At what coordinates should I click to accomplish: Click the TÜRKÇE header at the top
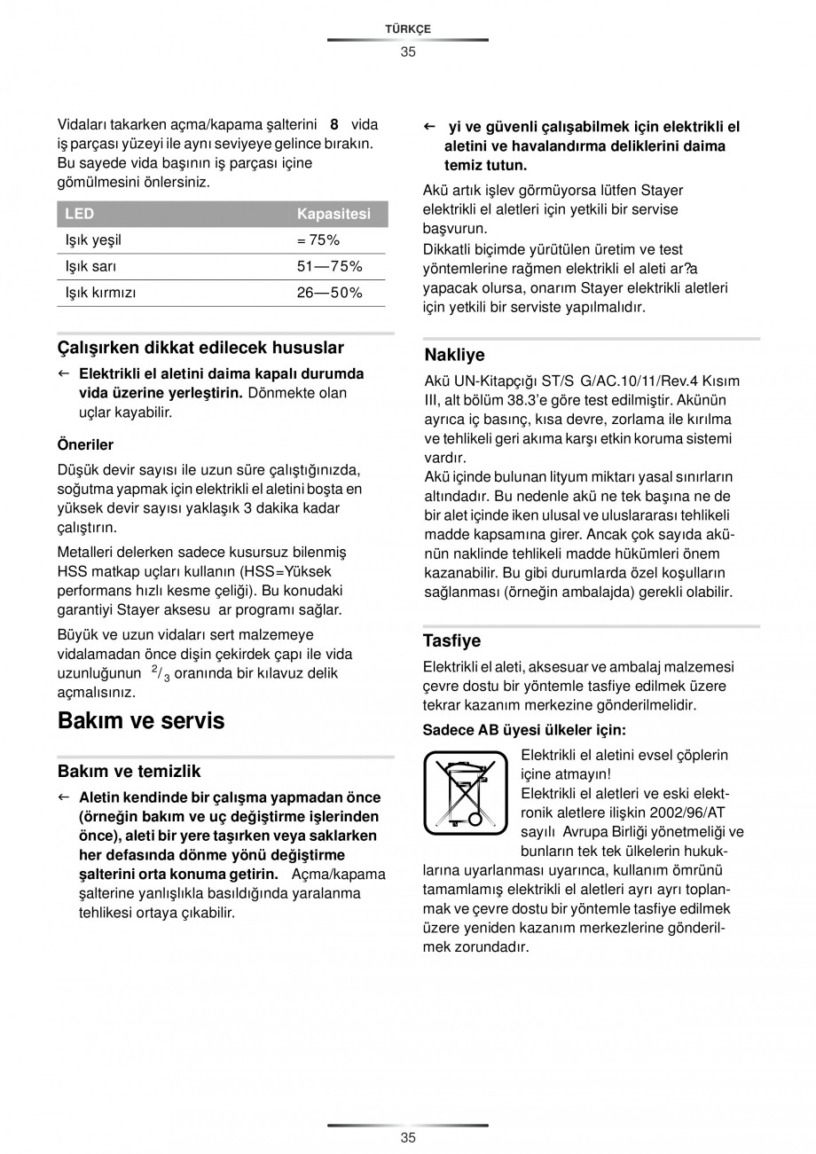click(407, 29)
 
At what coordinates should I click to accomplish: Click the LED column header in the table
click(80, 214)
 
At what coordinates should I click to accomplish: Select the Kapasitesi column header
click(333, 214)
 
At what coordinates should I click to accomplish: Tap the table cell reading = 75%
click(318, 240)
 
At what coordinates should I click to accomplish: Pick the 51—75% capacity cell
click(329, 266)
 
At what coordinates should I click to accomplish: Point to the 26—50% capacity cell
click(329, 293)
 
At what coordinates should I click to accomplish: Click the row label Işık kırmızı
click(100, 293)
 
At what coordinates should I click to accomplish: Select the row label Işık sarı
click(90, 266)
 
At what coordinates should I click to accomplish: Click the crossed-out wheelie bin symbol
click(465, 792)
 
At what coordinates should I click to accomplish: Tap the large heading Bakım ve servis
click(141, 720)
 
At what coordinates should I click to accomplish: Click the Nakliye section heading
click(454, 355)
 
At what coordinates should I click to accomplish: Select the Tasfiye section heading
click(451, 640)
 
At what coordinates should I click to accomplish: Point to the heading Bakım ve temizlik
click(129, 771)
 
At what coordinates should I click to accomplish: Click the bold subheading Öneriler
click(85, 444)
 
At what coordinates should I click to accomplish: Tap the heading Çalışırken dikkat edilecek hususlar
click(200, 348)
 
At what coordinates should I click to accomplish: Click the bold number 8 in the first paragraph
click(333, 125)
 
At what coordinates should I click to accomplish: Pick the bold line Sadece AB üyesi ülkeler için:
click(524, 730)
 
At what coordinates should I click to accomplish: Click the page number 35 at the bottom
click(407, 1138)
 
